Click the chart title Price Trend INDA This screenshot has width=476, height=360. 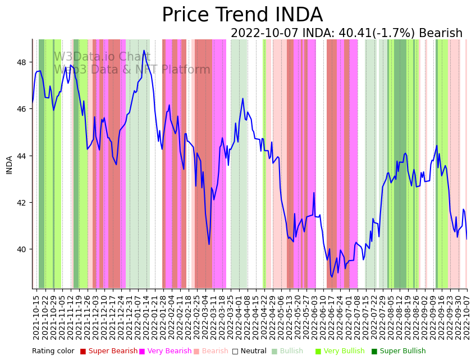(x=242, y=15)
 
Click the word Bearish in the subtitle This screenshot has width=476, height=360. (x=441, y=34)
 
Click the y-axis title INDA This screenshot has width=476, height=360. (x=10, y=165)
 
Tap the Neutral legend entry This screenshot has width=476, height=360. (x=250, y=352)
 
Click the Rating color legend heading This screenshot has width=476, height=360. (x=53, y=352)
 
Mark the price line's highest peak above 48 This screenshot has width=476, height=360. (x=144, y=51)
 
